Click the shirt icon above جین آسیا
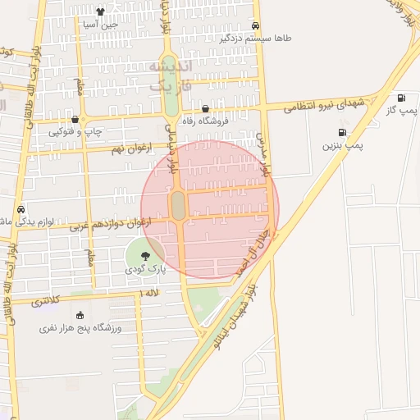click(x=100, y=11)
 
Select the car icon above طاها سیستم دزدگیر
click(x=256, y=25)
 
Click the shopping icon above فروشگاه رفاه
click(x=205, y=109)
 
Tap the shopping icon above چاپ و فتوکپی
click(x=75, y=119)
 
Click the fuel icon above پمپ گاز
click(x=401, y=98)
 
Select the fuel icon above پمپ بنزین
click(x=341, y=132)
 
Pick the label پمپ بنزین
click(x=342, y=145)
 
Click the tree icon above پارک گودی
click(x=145, y=256)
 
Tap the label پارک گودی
click(x=145, y=269)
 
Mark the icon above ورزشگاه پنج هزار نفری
click(x=80, y=315)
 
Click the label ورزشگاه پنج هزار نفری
click(x=80, y=328)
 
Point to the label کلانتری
click(x=46, y=302)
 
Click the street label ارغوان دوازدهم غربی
click(x=112, y=223)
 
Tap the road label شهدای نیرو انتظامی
click(x=323, y=105)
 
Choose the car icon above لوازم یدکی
click(x=21, y=208)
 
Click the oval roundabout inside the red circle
click(x=178, y=206)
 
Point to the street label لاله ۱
click(x=149, y=293)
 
